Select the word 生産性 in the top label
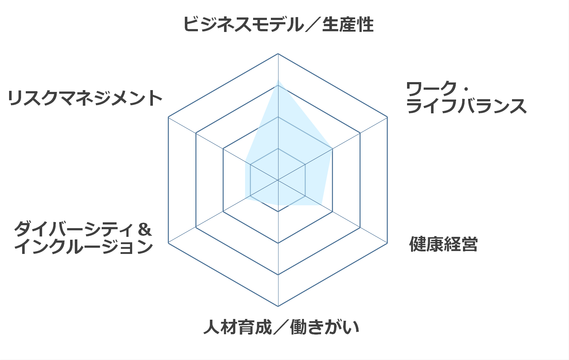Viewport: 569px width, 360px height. click(x=348, y=24)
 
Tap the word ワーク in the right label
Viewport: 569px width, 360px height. click(x=431, y=89)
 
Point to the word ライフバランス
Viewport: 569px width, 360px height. click(x=466, y=106)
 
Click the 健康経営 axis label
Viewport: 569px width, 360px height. click(x=443, y=244)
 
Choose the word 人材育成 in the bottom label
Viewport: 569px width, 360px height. click(x=238, y=327)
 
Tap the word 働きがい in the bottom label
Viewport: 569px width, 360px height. click(x=324, y=327)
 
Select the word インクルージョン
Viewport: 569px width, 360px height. click(x=84, y=246)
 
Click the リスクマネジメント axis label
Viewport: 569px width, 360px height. click(x=85, y=98)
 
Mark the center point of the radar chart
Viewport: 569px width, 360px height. click(x=278, y=180)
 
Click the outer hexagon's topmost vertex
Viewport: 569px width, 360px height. click(x=278, y=54)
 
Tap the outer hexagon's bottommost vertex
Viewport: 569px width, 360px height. click(x=278, y=306)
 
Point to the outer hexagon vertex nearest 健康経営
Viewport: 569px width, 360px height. click(x=387, y=243)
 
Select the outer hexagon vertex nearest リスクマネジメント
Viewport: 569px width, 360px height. click(x=168, y=117)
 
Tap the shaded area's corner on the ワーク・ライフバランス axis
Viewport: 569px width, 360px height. click(x=333, y=149)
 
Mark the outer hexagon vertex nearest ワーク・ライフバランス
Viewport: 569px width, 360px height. click(x=387, y=117)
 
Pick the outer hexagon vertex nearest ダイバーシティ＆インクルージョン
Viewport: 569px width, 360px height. click(x=168, y=243)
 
